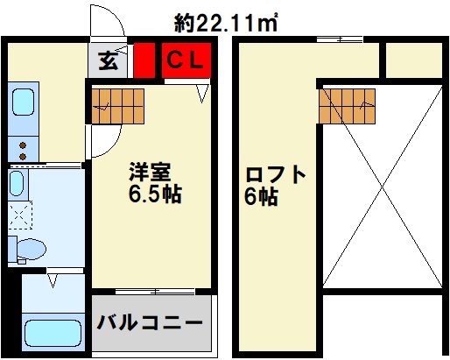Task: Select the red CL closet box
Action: (x=186, y=60)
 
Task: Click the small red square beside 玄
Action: (x=144, y=60)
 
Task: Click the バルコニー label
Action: (x=151, y=323)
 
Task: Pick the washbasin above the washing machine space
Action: (x=18, y=183)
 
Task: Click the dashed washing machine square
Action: (x=18, y=213)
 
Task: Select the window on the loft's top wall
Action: (x=340, y=39)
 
